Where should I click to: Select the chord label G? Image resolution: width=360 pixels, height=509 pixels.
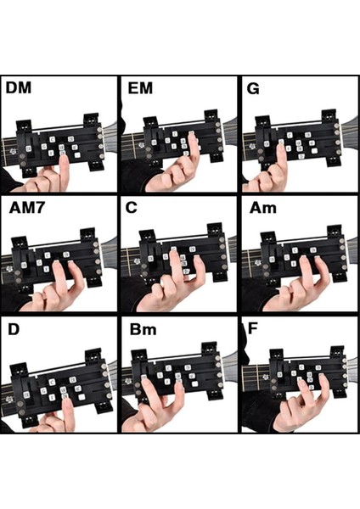[254, 87]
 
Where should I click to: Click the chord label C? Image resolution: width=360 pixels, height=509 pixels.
[134, 207]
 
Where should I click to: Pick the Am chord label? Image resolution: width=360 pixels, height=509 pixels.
[260, 207]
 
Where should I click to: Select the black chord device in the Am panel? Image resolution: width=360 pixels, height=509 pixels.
[293, 259]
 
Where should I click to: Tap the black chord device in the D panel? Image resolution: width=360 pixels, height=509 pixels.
[59, 382]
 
